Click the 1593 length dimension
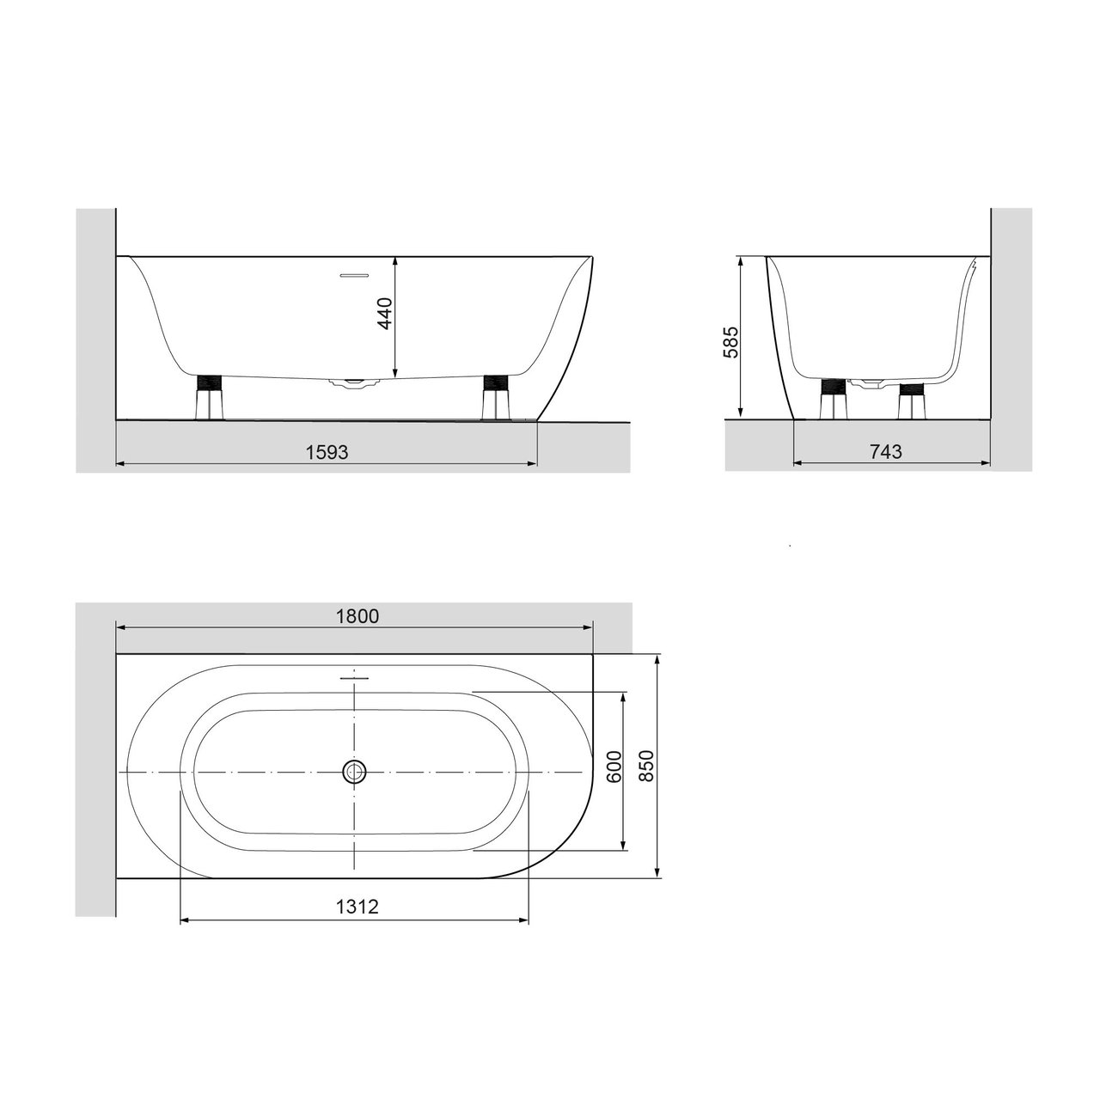327,452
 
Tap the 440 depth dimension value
384,314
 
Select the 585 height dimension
730,342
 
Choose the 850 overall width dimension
647,763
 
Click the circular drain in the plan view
354,772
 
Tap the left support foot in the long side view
209,397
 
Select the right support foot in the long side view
495,397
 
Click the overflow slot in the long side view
354,276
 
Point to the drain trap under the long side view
353,383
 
